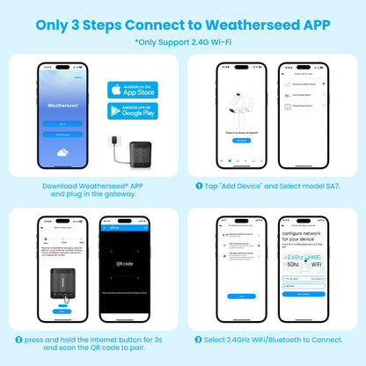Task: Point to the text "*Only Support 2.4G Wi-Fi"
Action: tap(183, 41)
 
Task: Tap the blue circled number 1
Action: tap(201, 187)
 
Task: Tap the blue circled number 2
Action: tap(18, 339)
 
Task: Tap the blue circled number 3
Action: tap(200, 339)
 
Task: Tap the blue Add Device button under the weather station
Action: tap(241, 141)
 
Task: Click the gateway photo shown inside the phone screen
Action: tap(61, 281)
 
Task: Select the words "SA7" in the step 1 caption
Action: tap(337, 187)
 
